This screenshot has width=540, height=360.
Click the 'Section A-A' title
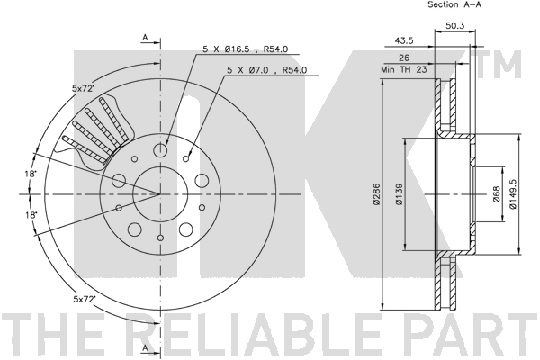click(454, 4)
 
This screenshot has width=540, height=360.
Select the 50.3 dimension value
click(455, 25)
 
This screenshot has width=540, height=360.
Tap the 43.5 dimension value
click(403, 40)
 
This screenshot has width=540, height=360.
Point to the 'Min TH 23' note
click(403, 69)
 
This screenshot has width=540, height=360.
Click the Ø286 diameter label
click(376, 194)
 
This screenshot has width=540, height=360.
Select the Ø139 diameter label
click(399, 194)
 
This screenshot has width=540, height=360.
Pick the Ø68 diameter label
click(496, 194)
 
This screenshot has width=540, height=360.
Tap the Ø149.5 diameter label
click(513, 194)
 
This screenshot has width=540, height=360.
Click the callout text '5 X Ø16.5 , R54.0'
click(245, 49)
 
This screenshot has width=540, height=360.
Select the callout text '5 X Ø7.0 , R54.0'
click(266, 70)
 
